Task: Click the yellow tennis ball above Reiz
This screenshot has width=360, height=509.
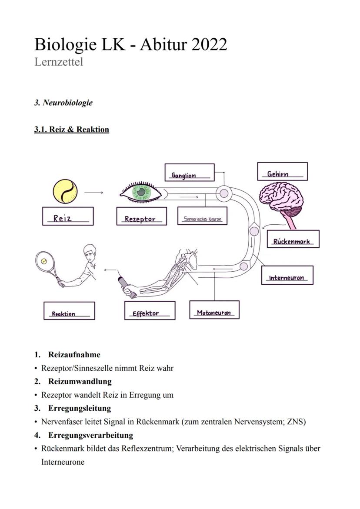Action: (x=65, y=192)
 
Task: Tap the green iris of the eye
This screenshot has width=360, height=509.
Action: (x=141, y=192)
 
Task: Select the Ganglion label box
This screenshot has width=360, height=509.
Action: (x=190, y=172)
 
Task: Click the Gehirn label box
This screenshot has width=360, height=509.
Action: (x=282, y=171)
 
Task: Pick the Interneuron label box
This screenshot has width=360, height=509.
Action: (x=287, y=275)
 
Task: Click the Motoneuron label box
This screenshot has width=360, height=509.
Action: (x=214, y=310)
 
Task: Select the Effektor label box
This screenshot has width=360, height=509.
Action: (x=150, y=310)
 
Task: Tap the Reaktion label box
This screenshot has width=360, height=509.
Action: (x=69, y=311)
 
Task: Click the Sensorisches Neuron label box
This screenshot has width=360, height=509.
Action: (x=203, y=216)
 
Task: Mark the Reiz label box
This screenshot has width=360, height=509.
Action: (x=68, y=216)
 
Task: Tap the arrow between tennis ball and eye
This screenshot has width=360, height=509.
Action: (x=93, y=192)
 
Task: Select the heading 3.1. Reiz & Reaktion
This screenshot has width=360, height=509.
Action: (x=71, y=130)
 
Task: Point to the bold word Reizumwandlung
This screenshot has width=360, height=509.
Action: (x=80, y=382)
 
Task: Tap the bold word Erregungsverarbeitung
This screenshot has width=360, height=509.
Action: (x=90, y=435)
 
